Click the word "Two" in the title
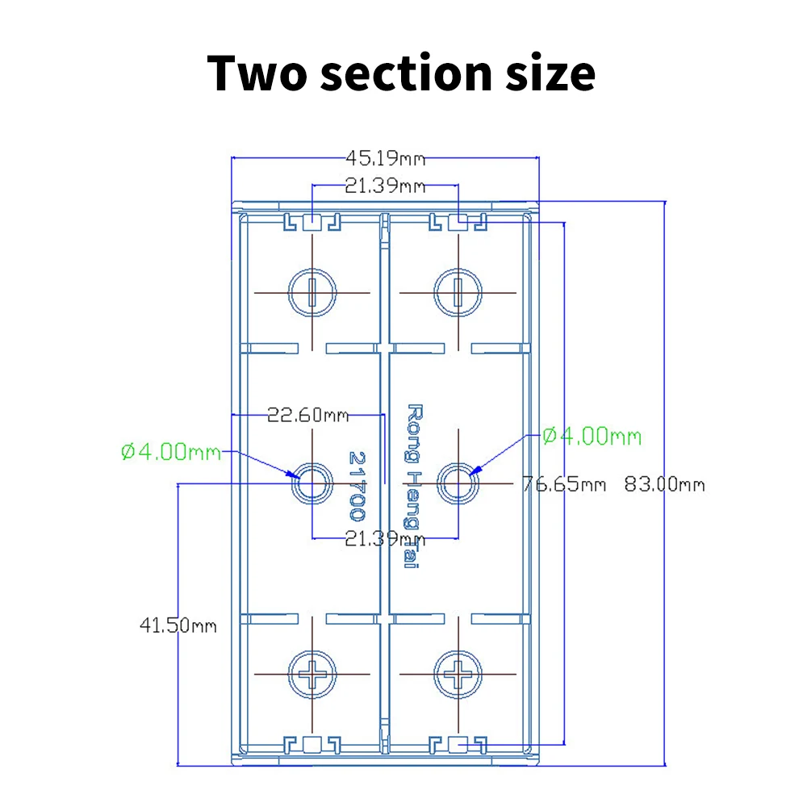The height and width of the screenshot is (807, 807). [x=257, y=73]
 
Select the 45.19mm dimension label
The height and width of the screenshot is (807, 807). [x=386, y=158]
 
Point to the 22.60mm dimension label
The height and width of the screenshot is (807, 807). [x=307, y=415]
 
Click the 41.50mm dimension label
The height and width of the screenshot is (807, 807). [x=178, y=625]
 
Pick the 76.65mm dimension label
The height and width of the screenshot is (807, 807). [x=564, y=484]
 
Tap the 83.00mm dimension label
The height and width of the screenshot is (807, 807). [x=664, y=484]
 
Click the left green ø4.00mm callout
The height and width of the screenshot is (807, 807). [x=171, y=452]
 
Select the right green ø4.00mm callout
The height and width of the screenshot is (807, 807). [x=592, y=437]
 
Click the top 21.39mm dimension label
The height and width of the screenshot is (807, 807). [x=386, y=186]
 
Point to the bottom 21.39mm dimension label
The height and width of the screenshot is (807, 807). [x=386, y=539]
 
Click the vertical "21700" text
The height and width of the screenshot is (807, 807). [x=357, y=486]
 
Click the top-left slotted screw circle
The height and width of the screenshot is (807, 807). [x=288, y=292]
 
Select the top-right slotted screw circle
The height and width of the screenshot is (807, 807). [x=434, y=292]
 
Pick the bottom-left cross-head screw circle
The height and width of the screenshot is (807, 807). [x=288, y=674]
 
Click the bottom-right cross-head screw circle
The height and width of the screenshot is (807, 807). [x=434, y=674]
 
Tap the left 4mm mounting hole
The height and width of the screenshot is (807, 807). [x=312, y=483]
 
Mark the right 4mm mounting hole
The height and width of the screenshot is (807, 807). [x=458, y=483]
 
